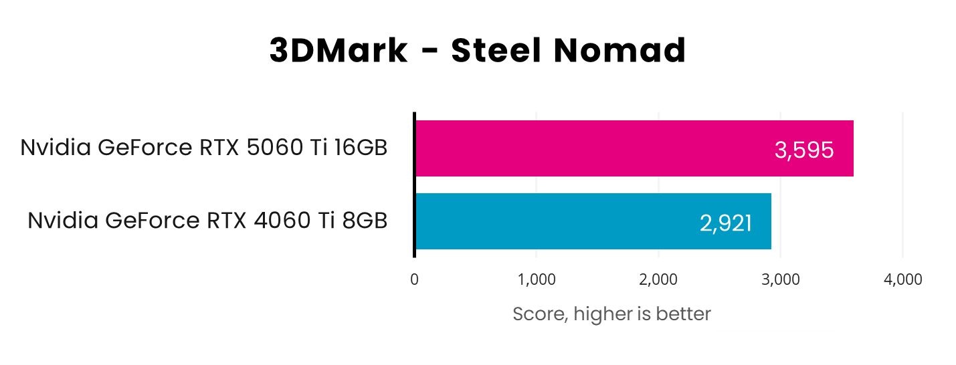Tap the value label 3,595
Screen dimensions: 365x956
point(803,150)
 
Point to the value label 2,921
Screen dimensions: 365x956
point(726,223)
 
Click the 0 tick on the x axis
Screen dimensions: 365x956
point(414,279)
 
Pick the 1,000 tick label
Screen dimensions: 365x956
point(536,279)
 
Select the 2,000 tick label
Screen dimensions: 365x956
point(658,279)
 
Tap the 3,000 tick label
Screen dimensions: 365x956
point(781,279)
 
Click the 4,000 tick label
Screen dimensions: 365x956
point(902,279)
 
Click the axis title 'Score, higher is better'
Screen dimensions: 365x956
point(611,314)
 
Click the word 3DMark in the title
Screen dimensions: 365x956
point(338,51)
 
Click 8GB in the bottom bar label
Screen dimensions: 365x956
point(364,220)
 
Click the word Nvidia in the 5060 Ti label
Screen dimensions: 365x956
point(55,147)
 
